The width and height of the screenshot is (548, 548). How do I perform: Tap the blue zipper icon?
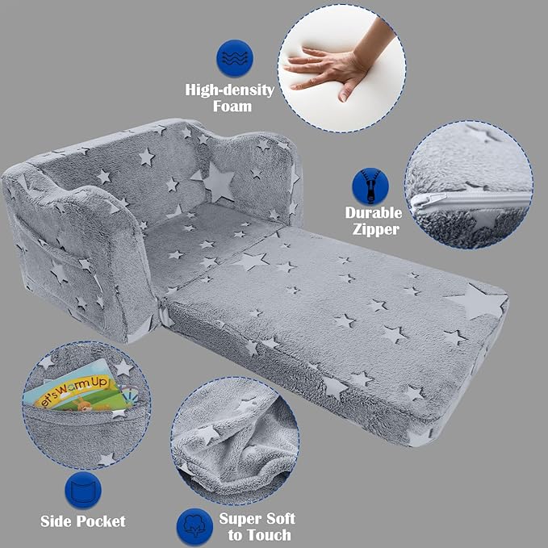(370, 186)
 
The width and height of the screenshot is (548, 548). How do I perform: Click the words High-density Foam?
(230, 98)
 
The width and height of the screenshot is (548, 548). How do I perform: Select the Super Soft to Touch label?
(257, 526)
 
